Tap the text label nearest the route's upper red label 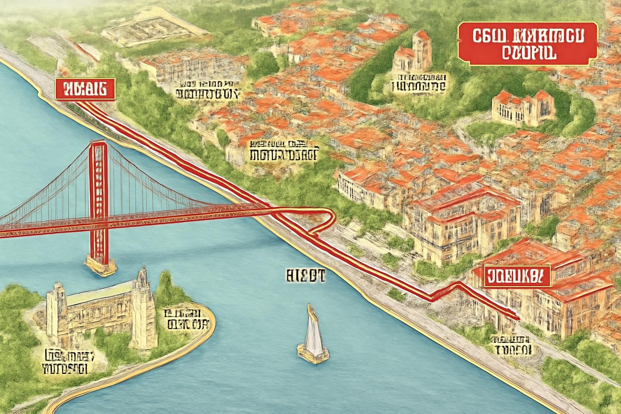tap(206, 90)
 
